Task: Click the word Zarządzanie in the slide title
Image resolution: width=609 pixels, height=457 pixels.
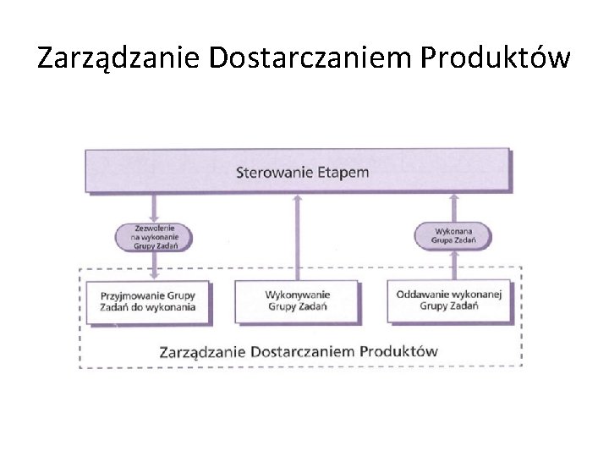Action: click(x=118, y=58)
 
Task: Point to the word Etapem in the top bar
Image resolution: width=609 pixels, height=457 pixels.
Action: click(x=343, y=173)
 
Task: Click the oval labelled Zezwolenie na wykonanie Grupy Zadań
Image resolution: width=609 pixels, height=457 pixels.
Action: click(x=153, y=235)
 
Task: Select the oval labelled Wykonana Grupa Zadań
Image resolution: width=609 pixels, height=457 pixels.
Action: click(x=455, y=234)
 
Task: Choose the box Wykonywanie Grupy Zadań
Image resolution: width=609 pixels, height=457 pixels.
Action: click(x=297, y=302)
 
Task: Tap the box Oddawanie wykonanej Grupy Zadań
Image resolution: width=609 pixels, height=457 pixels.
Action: click(x=448, y=300)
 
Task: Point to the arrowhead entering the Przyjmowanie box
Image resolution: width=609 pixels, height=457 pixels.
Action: click(x=154, y=273)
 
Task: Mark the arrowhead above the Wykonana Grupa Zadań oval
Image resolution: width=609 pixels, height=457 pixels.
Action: click(x=455, y=198)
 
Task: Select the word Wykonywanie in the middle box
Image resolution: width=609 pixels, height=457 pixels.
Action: click(x=297, y=295)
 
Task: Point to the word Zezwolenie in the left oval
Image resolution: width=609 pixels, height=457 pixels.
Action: click(x=153, y=228)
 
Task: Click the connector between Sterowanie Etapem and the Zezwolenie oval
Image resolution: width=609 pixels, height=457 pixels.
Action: click(x=154, y=206)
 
